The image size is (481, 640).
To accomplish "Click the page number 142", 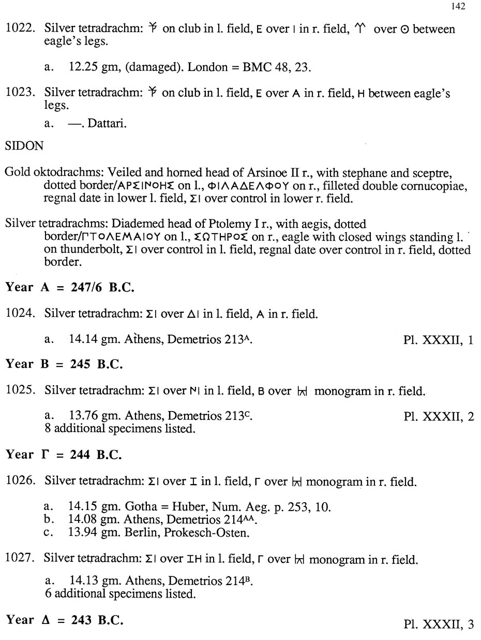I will coord(458,6).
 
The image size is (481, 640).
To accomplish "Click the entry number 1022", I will coord(21,29).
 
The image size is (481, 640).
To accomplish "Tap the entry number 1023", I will coord(21,94).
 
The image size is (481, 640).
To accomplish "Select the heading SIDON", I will coord(24,146).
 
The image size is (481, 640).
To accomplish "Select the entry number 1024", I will coord(21,313).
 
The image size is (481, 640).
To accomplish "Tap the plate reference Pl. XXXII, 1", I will coord(438,340).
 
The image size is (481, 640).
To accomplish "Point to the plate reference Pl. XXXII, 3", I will coord(438,624).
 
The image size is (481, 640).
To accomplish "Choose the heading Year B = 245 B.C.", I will coord(64,364).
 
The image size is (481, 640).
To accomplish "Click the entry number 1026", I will coord(21,482).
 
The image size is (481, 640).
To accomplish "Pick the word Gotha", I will coord(140,507).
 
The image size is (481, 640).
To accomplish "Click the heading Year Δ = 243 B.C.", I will coord(65,620).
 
